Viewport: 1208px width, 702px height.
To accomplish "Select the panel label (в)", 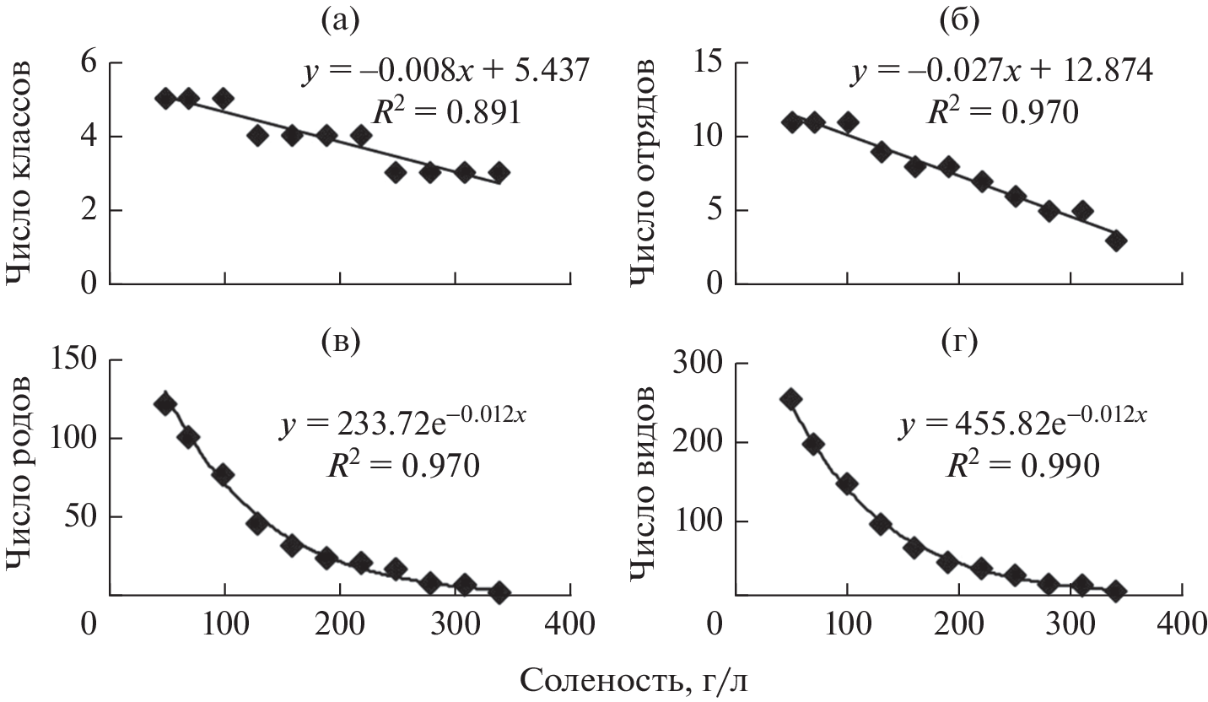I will (x=342, y=341).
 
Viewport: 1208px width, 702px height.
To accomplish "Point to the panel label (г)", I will (x=958, y=343).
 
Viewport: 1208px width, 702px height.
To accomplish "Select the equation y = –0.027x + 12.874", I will (x=1000, y=73).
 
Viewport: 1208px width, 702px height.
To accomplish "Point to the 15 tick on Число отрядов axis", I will (x=709, y=62).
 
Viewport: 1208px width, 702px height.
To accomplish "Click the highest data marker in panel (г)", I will (x=790, y=399).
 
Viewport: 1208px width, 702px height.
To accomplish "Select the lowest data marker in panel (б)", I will (x=1116, y=241).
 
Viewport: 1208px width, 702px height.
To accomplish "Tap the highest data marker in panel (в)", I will (x=164, y=404).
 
